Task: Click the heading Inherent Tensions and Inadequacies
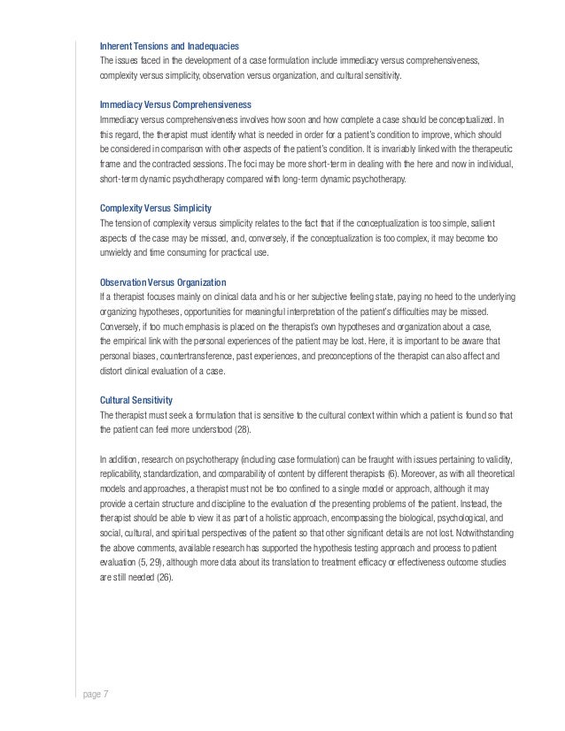click(169, 46)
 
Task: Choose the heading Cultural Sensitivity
click(135, 399)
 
